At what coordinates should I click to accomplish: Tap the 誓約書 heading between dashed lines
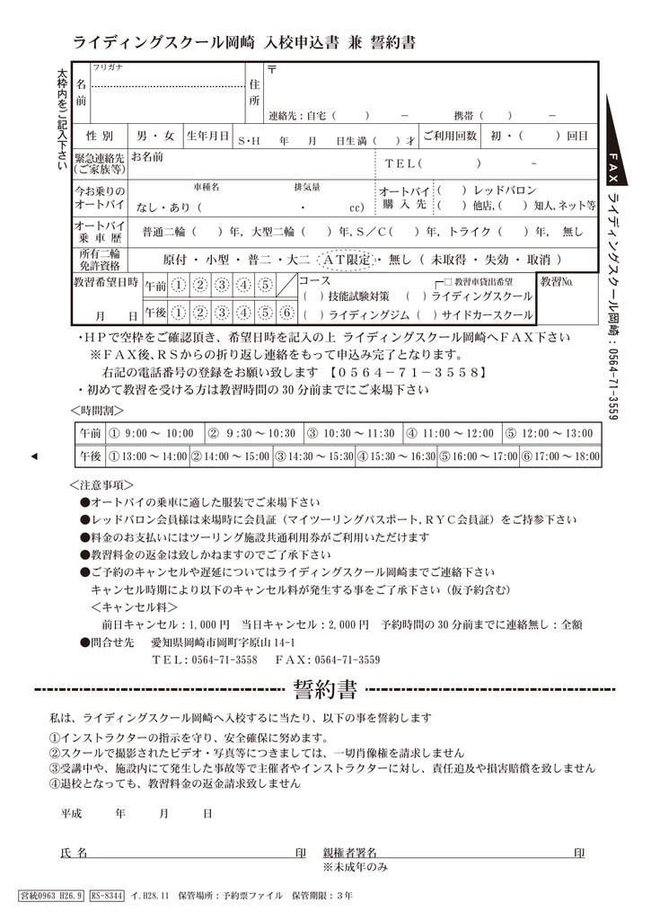[325, 690]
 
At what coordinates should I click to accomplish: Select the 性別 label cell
[100, 137]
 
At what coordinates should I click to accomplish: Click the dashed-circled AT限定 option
[348, 259]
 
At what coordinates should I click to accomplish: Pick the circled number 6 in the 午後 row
[286, 314]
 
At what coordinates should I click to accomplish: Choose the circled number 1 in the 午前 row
[179, 286]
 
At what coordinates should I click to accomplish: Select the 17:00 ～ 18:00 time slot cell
[560, 456]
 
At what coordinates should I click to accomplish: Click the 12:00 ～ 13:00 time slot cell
[549, 433]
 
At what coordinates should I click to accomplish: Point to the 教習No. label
[557, 282]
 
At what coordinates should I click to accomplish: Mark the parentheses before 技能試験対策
[313, 296]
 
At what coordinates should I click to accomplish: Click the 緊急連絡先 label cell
[100, 162]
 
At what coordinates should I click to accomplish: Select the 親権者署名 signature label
[349, 852]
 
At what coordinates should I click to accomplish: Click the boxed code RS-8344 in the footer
[107, 896]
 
